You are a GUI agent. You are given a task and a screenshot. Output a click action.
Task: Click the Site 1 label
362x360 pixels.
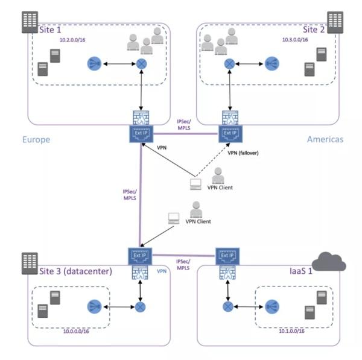pyautogui.click(x=50, y=28)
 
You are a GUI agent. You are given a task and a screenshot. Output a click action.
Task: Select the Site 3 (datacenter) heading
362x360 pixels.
pyautogui.click(x=75, y=271)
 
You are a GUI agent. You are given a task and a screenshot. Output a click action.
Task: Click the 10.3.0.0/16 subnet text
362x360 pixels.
pyautogui.click(x=295, y=40)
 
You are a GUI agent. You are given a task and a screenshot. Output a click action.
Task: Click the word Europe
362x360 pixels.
pyautogui.click(x=36, y=140)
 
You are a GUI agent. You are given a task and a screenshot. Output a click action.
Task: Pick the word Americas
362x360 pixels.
pyautogui.click(x=324, y=140)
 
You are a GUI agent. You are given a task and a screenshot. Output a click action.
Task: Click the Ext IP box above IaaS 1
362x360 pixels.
pyautogui.click(x=227, y=256)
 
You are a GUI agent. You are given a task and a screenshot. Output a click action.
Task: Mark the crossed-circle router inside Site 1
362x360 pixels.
pyautogui.click(x=142, y=63)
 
